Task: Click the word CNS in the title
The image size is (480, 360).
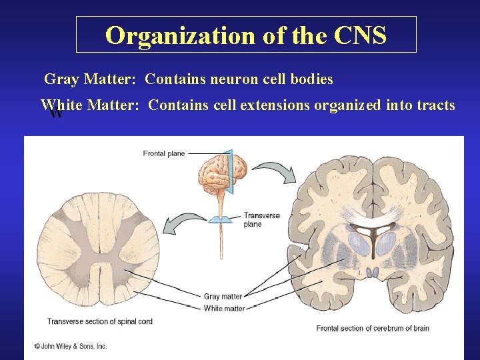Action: (x=361, y=35)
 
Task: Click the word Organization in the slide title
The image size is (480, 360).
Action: (x=181, y=35)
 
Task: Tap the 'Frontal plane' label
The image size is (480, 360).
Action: (x=164, y=153)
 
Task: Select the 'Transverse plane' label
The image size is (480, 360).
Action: (x=261, y=219)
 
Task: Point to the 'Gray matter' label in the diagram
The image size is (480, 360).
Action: (x=223, y=297)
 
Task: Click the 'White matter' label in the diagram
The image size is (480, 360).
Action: (x=224, y=308)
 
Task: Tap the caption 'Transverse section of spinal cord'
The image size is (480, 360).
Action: (x=100, y=321)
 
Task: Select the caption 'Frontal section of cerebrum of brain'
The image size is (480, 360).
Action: (x=373, y=328)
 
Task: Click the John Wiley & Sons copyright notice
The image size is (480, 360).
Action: (x=71, y=346)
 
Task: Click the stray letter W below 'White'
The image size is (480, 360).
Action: (x=56, y=114)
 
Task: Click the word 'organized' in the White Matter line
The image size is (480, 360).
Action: (x=347, y=105)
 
